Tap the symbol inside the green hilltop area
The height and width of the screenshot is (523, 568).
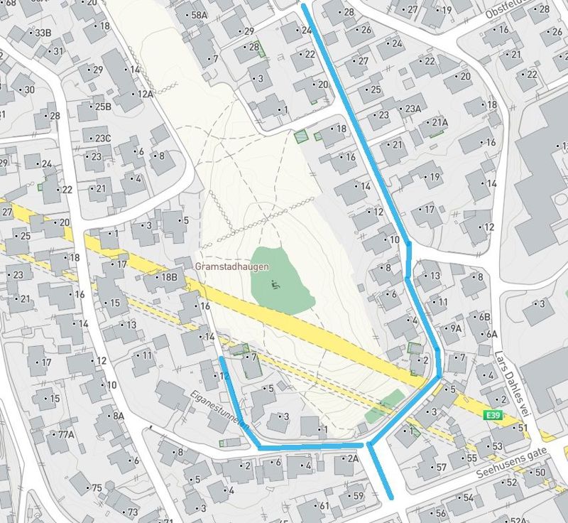click(275, 286)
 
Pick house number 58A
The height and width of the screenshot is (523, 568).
click(199, 15)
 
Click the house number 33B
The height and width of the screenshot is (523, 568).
click(43, 33)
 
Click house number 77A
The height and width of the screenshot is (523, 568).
click(66, 434)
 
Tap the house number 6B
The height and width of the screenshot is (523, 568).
click(484, 317)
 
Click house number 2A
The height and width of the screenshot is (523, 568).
click(352, 459)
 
